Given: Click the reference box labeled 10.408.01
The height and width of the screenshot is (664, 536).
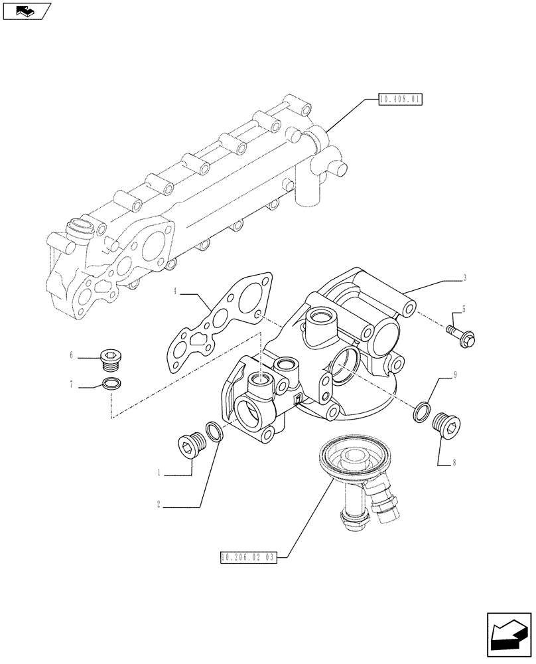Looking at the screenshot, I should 400,100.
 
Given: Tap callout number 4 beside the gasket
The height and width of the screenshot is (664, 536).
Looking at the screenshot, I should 175,291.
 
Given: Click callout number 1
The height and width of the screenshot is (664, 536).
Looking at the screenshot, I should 159,473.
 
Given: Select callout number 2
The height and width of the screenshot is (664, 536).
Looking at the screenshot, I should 159,505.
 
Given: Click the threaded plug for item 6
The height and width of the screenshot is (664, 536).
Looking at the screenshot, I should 111,361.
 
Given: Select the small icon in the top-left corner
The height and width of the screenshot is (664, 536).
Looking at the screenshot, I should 27,11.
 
